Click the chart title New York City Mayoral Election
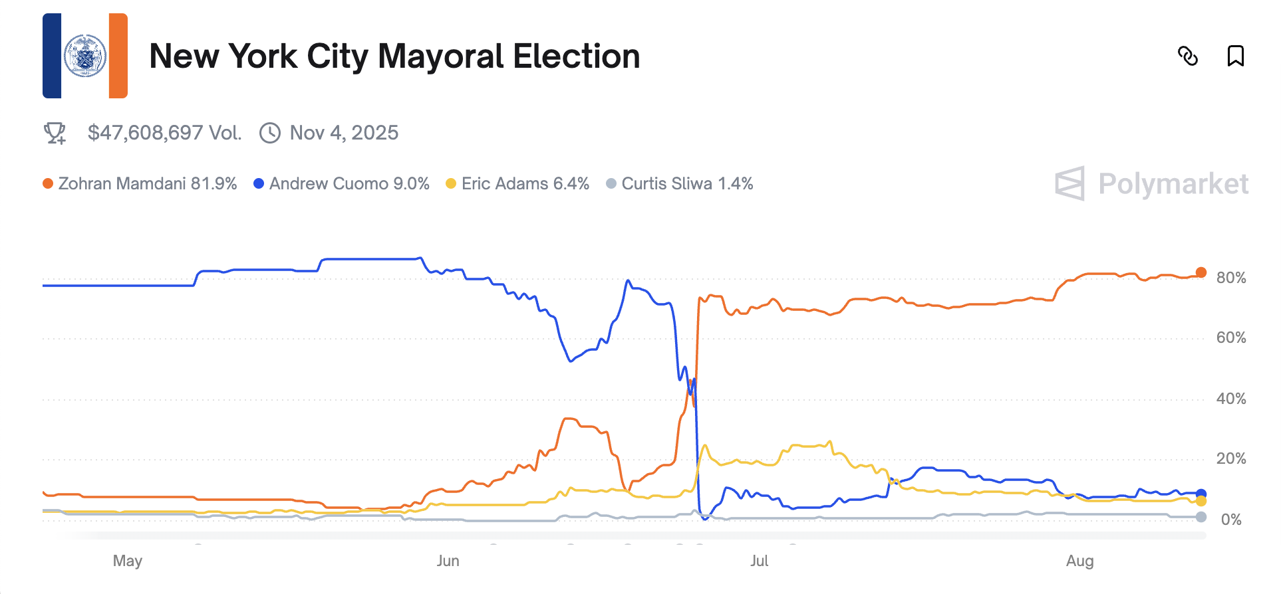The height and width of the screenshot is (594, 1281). pyautogui.click(x=394, y=56)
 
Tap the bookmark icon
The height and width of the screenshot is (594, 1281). pyautogui.click(x=1235, y=56)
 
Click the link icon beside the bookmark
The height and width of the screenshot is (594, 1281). pyautogui.click(x=1188, y=56)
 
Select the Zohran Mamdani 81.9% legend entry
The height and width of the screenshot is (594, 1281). pyautogui.click(x=140, y=183)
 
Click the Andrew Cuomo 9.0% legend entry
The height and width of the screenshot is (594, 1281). pyautogui.click(x=342, y=183)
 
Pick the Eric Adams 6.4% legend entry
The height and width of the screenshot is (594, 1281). pyautogui.click(x=517, y=183)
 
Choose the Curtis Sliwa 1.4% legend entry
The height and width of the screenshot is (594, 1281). pyautogui.click(x=680, y=183)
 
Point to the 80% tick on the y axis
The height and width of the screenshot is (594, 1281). pyautogui.click(x=1230, y=278)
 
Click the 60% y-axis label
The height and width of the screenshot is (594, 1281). pyautogui.click(x=1230, y=338)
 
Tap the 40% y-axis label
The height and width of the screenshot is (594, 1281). pyautogui.click(x=1230, y=399)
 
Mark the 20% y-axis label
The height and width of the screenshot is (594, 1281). pyautogui.click(x=1230, y=458)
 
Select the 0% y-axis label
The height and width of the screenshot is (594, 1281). pyautogui.click(x=1230, y=520)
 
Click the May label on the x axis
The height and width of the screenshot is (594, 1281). pyautogui.click(x=128, y=561)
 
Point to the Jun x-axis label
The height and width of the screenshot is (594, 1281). pyautogui.click(x=448, y=561)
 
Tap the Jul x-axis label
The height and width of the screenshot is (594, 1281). pyautogui.click(x=759, y=561)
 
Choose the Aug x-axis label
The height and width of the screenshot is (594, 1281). pyautogui.click(x=1079, y=561)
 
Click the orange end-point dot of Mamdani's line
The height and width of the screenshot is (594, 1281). pyautogui.click(x=1201, y=272)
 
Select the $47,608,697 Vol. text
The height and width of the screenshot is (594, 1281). pyautogui.click(x=164, y=133)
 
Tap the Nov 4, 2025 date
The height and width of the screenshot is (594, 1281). pyautogui.click(x=344, y=133)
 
